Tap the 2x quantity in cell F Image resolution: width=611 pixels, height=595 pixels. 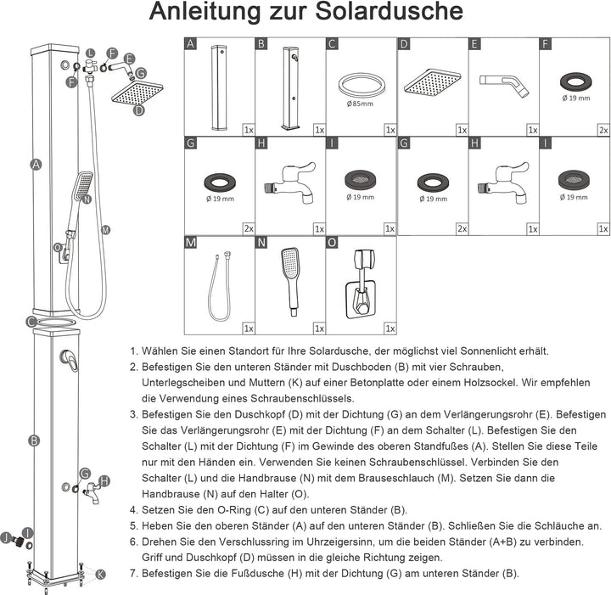[603, 130]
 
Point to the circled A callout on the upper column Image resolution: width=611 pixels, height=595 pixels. [36, 166]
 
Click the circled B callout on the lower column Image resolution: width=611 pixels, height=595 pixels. [33, 441]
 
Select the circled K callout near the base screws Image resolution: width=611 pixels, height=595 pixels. [100, 575]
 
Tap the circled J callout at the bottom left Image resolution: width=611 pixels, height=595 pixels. [5, 537]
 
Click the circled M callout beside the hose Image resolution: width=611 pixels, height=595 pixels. [105, 229]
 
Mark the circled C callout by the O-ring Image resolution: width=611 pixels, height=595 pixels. [31, 322]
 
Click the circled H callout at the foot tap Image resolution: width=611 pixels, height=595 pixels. [104, 481]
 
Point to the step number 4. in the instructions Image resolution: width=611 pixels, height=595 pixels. [134, 510]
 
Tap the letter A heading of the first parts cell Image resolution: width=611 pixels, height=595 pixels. [191, 44]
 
